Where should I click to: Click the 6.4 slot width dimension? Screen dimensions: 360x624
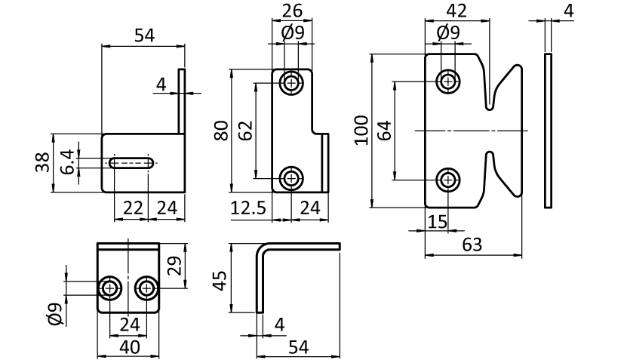(x=67, y=162)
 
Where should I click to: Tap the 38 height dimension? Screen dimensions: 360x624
(x=43, y=162)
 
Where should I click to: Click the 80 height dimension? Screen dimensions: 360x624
(x=220, y=131)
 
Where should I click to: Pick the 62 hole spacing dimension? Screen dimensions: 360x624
(x=244, y=131)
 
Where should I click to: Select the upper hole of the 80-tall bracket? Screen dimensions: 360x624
(x=290, y=83)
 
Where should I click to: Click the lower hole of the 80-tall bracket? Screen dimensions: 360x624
(x=290, y=178)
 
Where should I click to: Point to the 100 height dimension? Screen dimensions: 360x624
(x=361, y=130)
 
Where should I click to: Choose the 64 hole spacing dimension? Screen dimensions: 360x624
(x=384, y=130)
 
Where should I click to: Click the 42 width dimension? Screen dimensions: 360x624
(x=457, y=11)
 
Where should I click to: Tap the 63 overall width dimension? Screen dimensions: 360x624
(x=473, y=245)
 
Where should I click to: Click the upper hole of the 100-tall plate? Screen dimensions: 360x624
(x=449, y=80)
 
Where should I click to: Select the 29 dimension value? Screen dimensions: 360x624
(x=173, y=265)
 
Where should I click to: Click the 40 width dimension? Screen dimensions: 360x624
(x=129, y=347)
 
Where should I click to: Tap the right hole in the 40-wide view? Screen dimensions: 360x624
(x=146, y=288)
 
